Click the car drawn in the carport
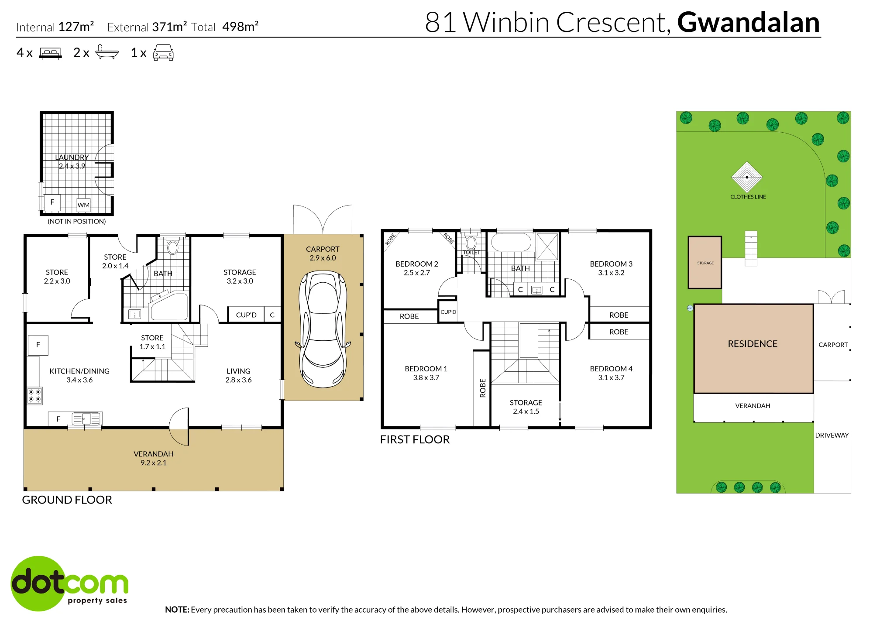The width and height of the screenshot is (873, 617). (x=323, y=329)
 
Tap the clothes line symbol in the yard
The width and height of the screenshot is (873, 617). (x=747, y=177)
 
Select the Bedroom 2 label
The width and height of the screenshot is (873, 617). (x=416, y=264)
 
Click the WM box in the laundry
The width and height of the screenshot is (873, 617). (x=83, y=205)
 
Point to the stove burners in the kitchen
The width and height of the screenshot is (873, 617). (x=35, y=396)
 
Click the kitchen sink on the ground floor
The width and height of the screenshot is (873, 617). (x=86, y=419)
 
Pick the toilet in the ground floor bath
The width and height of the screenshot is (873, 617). (x=173, y=247)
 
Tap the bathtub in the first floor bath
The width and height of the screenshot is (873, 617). (x=511, y=242)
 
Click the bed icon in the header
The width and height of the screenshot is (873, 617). (x=51, y=53)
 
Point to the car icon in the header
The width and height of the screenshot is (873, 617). (x=163, y=52)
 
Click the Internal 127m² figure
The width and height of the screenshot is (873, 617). (x=55, y=27)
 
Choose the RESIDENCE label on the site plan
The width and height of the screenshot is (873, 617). (x=753, y=344)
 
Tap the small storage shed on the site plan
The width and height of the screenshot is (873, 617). (x=705, y=262)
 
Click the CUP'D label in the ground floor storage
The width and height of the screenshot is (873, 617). (x=246, y=315)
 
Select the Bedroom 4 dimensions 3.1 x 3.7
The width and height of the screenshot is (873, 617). (x=611, y=378)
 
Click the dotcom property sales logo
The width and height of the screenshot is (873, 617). (x=69, y=583)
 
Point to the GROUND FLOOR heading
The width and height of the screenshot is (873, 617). (x=67, y=500)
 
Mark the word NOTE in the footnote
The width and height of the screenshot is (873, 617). (x=177, y=610)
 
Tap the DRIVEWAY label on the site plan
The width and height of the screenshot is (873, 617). (x=832, y=435)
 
